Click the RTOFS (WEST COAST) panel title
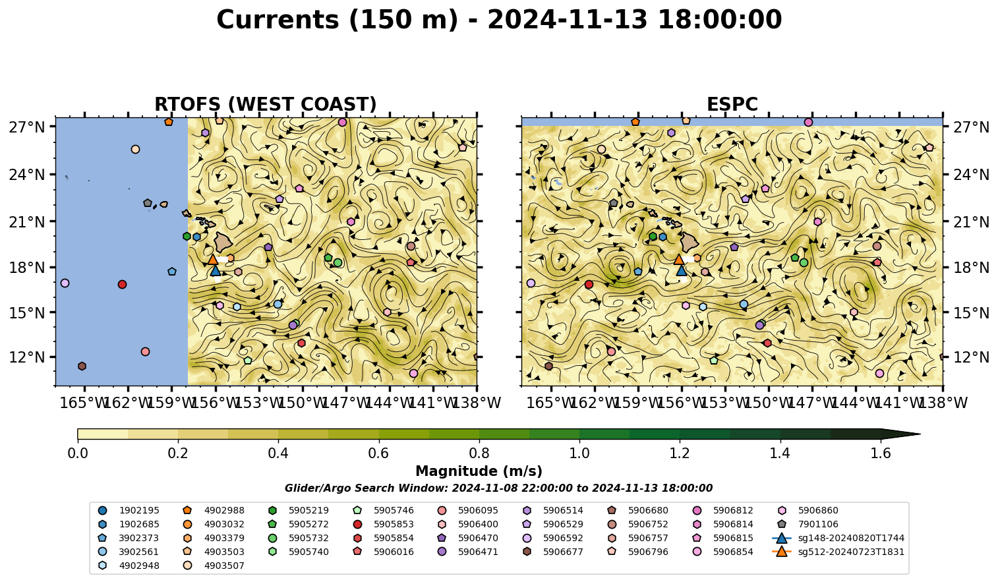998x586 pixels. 266,104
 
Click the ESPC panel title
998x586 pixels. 732,104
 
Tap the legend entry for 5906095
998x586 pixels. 468,511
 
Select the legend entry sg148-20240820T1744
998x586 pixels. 838,539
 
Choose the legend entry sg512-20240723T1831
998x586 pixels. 838,552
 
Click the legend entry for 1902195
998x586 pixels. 129,511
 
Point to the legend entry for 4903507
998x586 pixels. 214,566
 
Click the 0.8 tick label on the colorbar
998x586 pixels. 479,454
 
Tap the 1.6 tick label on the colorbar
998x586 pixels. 881,454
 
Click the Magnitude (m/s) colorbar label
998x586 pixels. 479,471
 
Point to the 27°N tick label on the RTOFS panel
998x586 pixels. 27,127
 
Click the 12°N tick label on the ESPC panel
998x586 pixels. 971,357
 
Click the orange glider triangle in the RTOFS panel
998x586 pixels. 212,259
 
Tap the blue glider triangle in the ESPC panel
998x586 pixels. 681,270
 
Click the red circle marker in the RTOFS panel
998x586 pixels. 122,284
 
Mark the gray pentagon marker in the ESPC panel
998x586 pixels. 614,203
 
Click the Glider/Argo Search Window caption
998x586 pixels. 498,488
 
